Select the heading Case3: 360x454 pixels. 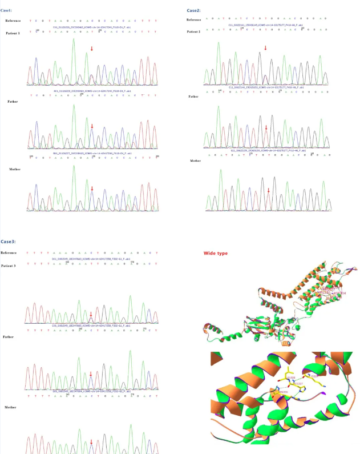8,242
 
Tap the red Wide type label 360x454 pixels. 216,252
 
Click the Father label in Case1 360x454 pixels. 13,101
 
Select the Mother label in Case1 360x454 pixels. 14,170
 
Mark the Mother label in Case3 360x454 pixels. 10,407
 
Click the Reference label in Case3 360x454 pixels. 9,252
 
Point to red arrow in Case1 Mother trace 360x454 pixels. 92,188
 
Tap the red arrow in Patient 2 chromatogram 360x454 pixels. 265,48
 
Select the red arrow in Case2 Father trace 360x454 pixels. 266,128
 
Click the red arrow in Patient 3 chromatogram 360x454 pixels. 91,314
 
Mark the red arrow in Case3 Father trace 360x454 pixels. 91,375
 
